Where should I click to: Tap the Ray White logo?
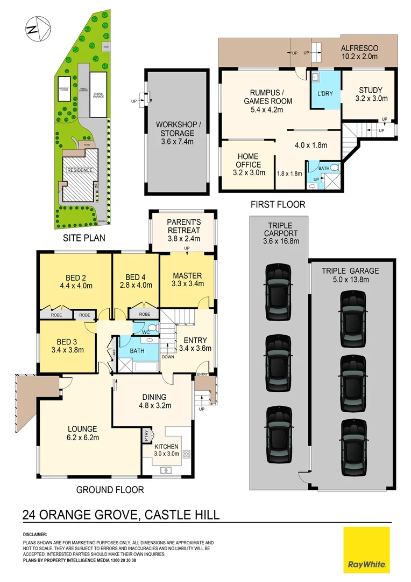point(366,550)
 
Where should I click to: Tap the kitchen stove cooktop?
point(187,454)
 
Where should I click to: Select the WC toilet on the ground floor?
point(152,328)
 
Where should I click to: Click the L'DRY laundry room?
point(325,93)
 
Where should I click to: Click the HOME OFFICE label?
point(249,161)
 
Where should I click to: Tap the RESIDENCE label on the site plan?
point(80,170)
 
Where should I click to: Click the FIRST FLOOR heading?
point(278,204)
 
